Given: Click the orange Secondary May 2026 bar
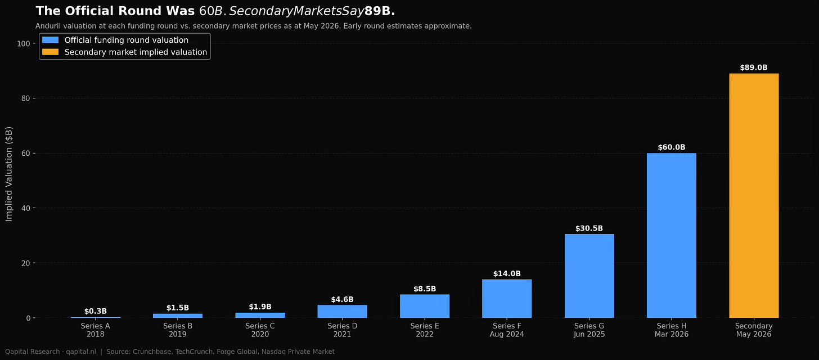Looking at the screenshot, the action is (754, 196).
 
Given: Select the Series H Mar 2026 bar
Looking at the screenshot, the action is (671, 235).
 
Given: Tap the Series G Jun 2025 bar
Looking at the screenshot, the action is (589, 276).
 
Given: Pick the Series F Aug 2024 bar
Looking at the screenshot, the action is (507, 299).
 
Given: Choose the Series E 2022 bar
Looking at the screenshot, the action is (425, 306).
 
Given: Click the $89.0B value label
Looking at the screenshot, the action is (754, 67).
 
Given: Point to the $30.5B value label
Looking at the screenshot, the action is (589, 228).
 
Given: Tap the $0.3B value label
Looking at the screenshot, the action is (96, 312).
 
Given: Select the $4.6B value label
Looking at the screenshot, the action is (342, 300).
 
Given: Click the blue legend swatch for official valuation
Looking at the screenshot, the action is (50, 40).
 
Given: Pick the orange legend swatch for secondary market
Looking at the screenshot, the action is (50, 52).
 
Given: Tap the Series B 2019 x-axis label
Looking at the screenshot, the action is (178, 330).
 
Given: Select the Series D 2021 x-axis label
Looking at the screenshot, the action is (342, 330).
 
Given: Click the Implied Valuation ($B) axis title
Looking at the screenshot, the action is (9, 174).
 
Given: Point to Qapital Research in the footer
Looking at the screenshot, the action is (32, 352).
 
